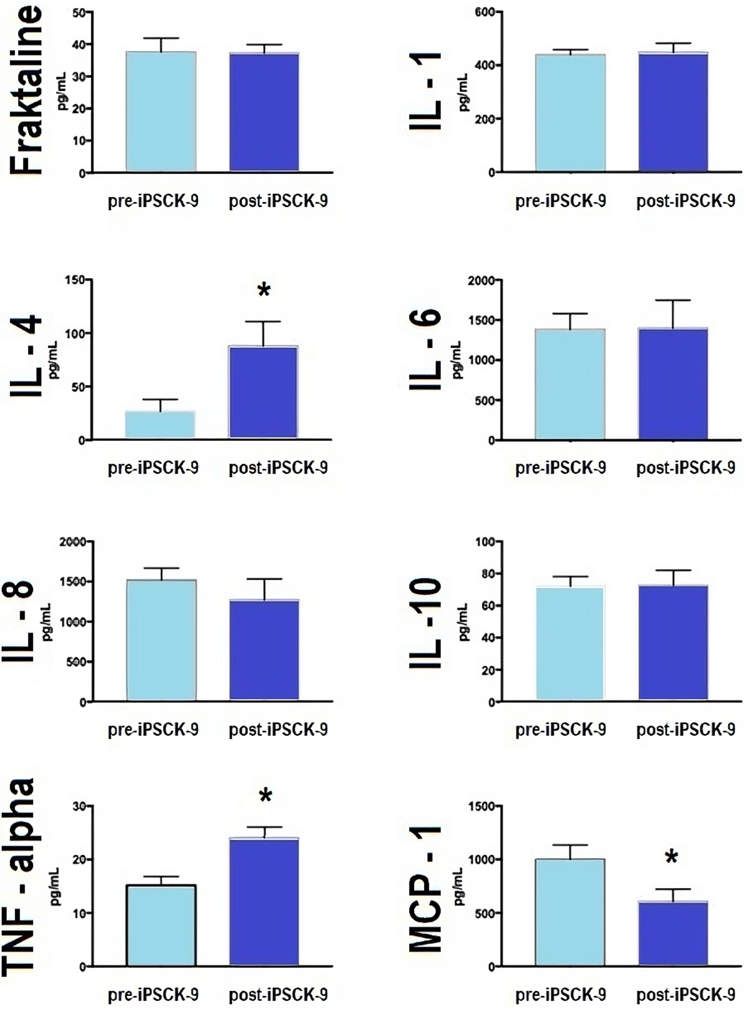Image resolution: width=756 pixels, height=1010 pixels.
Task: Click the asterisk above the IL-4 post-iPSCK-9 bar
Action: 264,290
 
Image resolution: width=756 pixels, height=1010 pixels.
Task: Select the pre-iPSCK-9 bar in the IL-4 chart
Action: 160,425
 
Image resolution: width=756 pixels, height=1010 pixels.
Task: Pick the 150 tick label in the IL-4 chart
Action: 75,280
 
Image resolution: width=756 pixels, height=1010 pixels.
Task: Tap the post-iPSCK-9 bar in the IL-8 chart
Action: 264,650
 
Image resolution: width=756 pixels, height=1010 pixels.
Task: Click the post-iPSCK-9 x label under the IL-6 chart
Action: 686,468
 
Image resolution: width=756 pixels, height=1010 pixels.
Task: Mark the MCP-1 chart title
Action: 425,890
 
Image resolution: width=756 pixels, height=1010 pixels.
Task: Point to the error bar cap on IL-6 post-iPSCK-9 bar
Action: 673,300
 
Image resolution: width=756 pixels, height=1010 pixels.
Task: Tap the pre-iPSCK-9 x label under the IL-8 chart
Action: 153,730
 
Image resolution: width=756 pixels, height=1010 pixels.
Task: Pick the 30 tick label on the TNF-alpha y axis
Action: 78,806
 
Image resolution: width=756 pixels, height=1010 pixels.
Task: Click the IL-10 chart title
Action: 425,623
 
